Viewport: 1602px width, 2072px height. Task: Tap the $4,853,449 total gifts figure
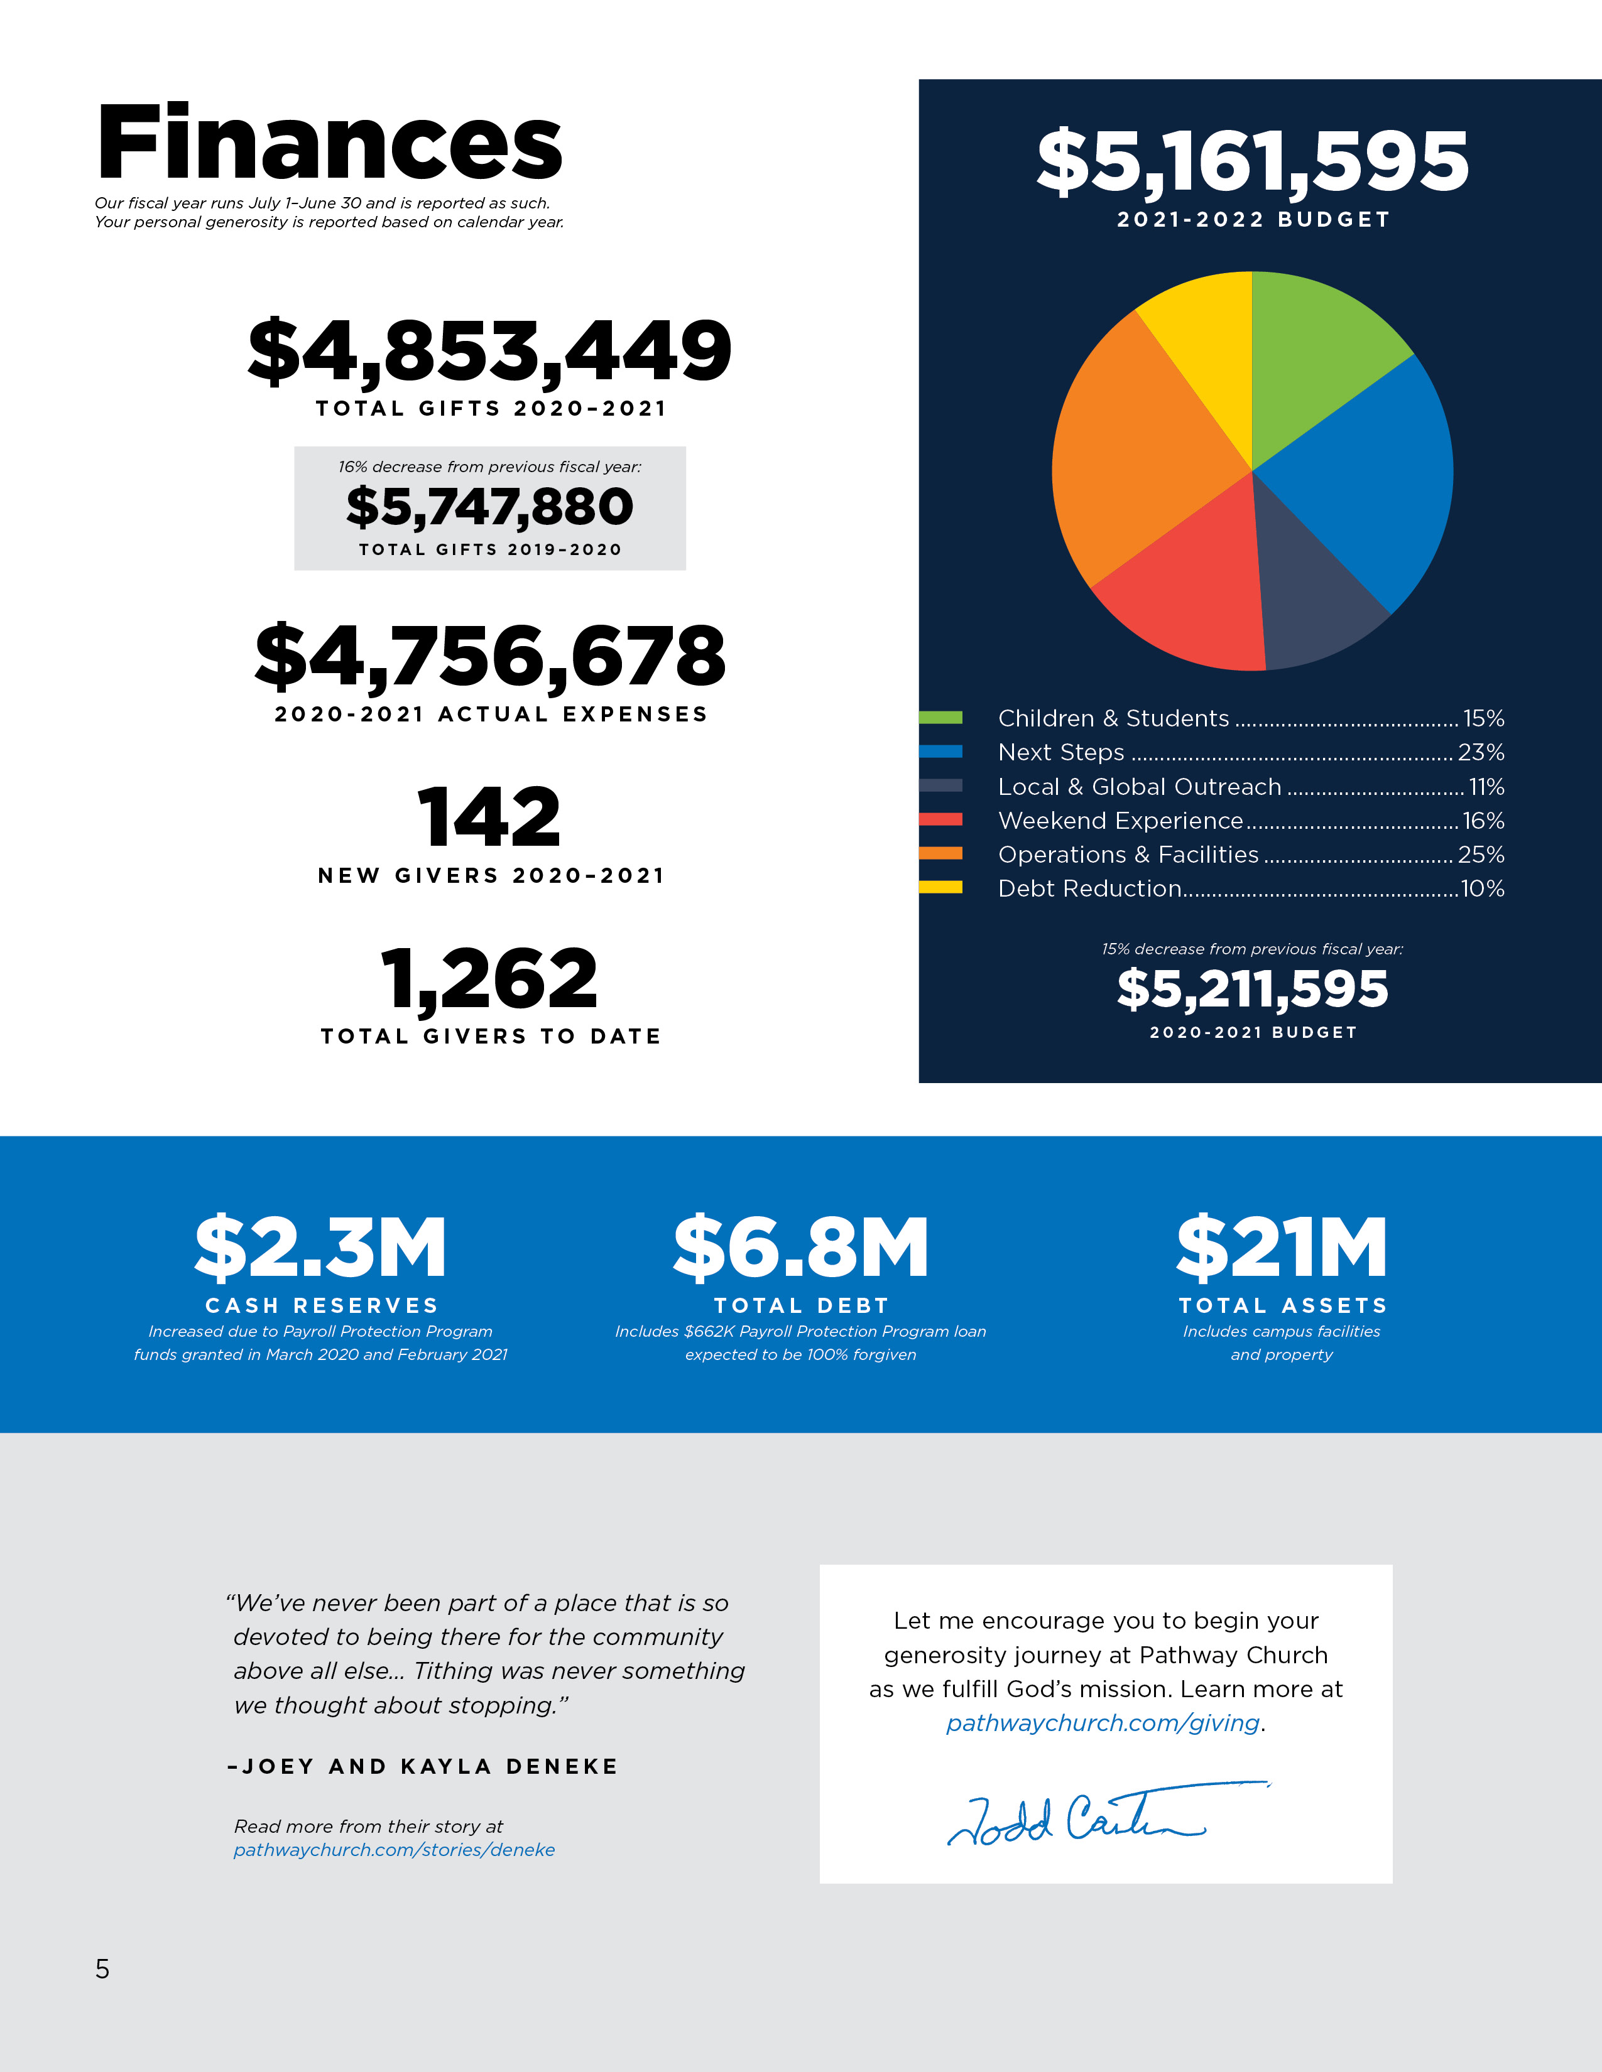(x=490, y=351)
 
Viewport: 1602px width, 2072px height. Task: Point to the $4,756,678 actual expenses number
(x=490, y=657)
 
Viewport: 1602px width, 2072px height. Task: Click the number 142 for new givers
(x=490, y=817)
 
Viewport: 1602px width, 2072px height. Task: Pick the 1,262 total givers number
(x=490, y=978)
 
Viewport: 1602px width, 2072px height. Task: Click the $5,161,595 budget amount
(x=1253, y=161)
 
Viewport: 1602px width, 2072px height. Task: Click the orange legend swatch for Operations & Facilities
(x=940, y=854)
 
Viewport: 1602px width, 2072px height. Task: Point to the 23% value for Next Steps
(x=1481, y=752)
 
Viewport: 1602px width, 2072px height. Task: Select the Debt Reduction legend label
(x=1089, y=889)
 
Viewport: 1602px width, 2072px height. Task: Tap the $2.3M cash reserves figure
(x=321, y=1248)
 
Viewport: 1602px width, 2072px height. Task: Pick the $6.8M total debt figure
(x=801, y=1248)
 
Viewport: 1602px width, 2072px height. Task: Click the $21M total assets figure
(x=1282, y=1248)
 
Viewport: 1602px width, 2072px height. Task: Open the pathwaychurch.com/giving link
(x=1103, y=1723)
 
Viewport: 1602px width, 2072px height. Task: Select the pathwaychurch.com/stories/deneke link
(x=394, y=1850)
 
